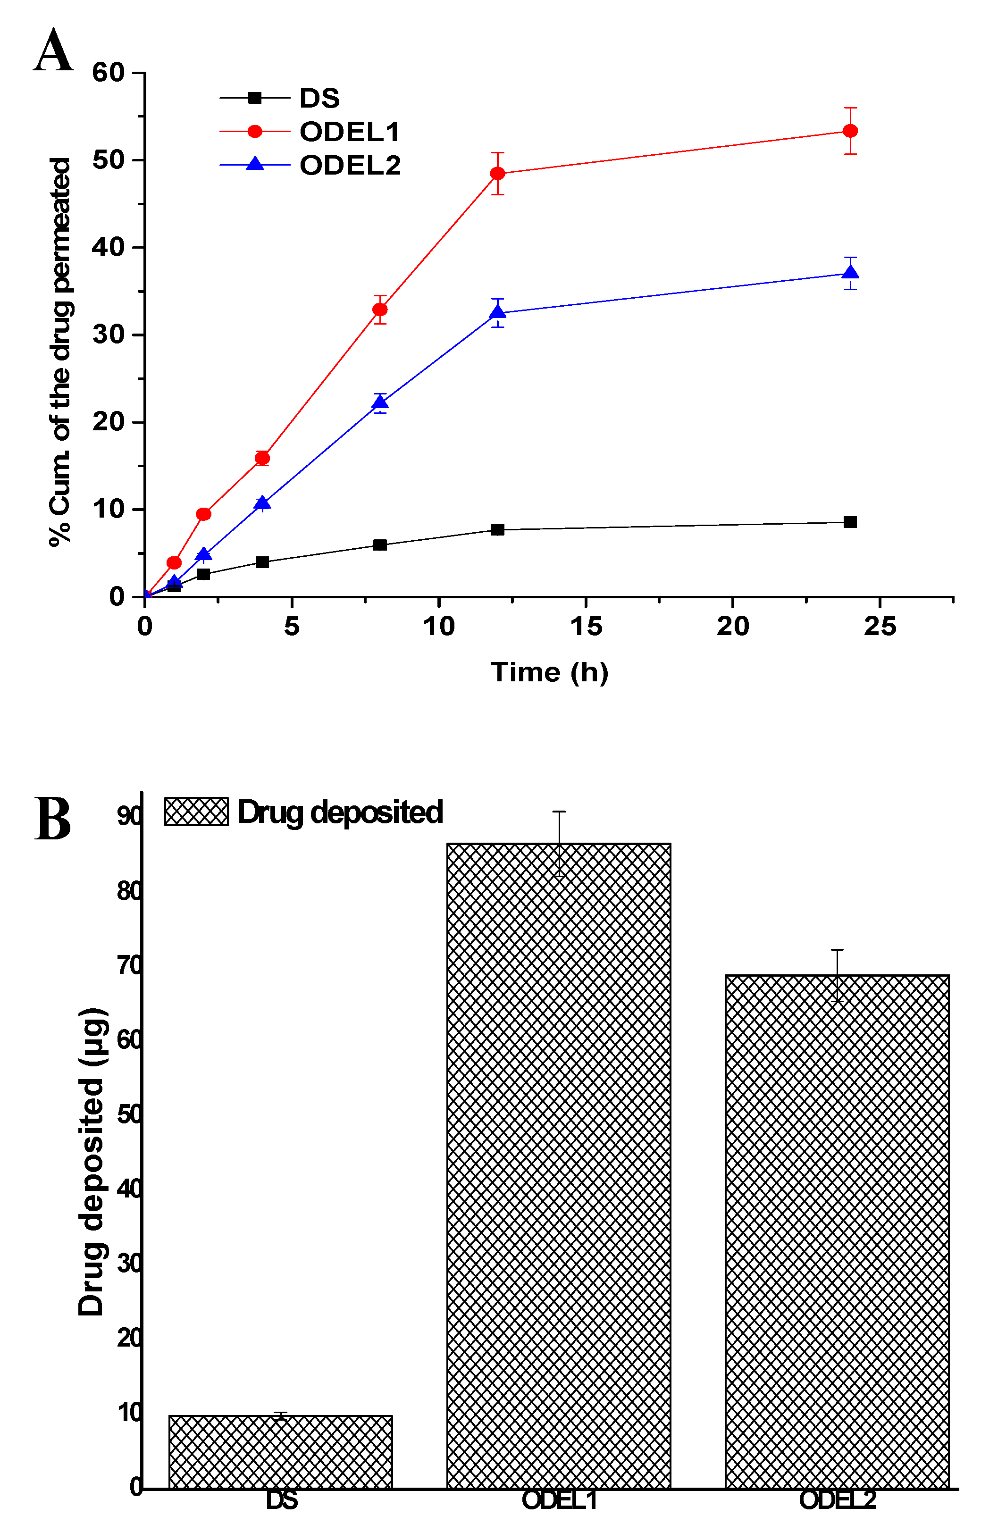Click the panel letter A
(53, 50)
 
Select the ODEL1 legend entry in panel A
(349, 132)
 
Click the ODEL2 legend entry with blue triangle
(349, 166)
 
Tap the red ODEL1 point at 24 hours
(850, 131)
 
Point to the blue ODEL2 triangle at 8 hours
(380, 402)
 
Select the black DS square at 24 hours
(850, 522)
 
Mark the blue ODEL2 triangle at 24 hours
(850, 273)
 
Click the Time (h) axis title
(549, 672)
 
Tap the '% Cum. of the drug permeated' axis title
(60, 352)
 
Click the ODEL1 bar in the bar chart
(559, 1165)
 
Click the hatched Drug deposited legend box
(196, 812)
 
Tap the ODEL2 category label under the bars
(837, 1500)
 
